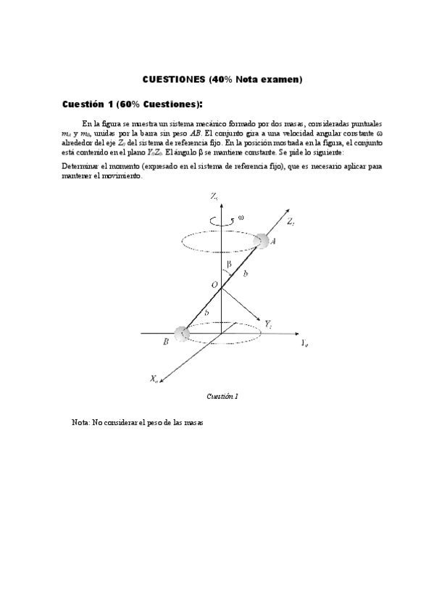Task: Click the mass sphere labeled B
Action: (x=180, y=333)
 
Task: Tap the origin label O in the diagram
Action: (x=214, y=286)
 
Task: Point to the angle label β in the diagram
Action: (x=229, y=266)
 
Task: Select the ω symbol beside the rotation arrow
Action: (x=241, y=217)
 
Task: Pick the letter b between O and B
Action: (x=209, y=312)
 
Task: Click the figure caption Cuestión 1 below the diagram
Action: (x=222, y=397)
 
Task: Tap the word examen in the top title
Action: (x=279, y=78)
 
